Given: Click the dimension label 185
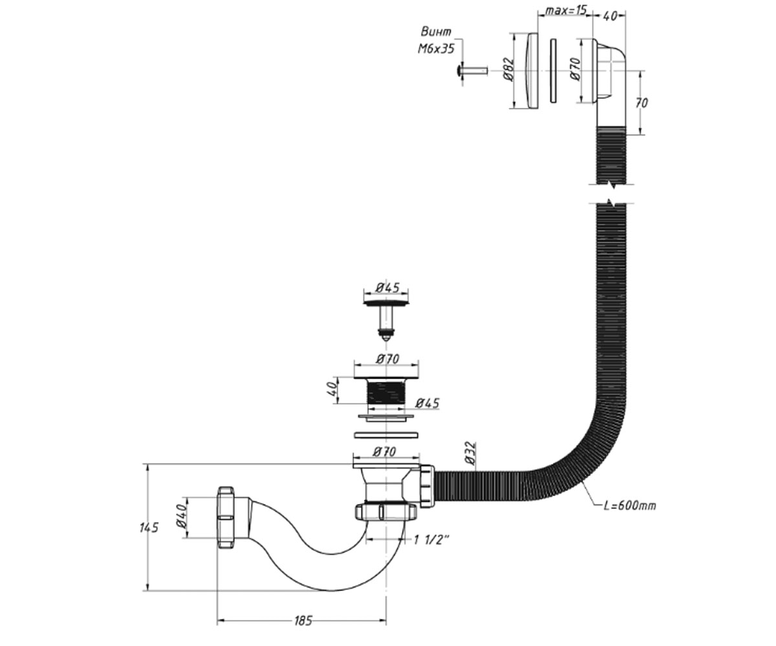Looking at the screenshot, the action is click(303, 621).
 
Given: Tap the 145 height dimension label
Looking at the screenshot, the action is click(149, 528).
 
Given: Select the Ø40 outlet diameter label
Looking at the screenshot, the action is click(181, 516).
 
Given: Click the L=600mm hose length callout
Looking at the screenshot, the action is click(629, 506).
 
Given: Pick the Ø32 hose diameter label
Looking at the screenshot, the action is click(470, 453).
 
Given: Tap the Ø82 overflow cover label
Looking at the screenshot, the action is click(508, 69).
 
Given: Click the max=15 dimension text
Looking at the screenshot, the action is click(565, 10).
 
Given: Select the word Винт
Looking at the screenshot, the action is click(436, 32).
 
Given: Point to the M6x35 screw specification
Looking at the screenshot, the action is click(436, 48).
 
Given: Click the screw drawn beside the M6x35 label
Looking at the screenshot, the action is click(472, 70).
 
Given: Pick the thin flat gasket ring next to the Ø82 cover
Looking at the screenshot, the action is click(553, 70).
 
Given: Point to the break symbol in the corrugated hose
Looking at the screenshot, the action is click(611, 193).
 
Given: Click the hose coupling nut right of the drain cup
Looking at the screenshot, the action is click(427, 485).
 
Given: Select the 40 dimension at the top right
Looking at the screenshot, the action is click(609, 16).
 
